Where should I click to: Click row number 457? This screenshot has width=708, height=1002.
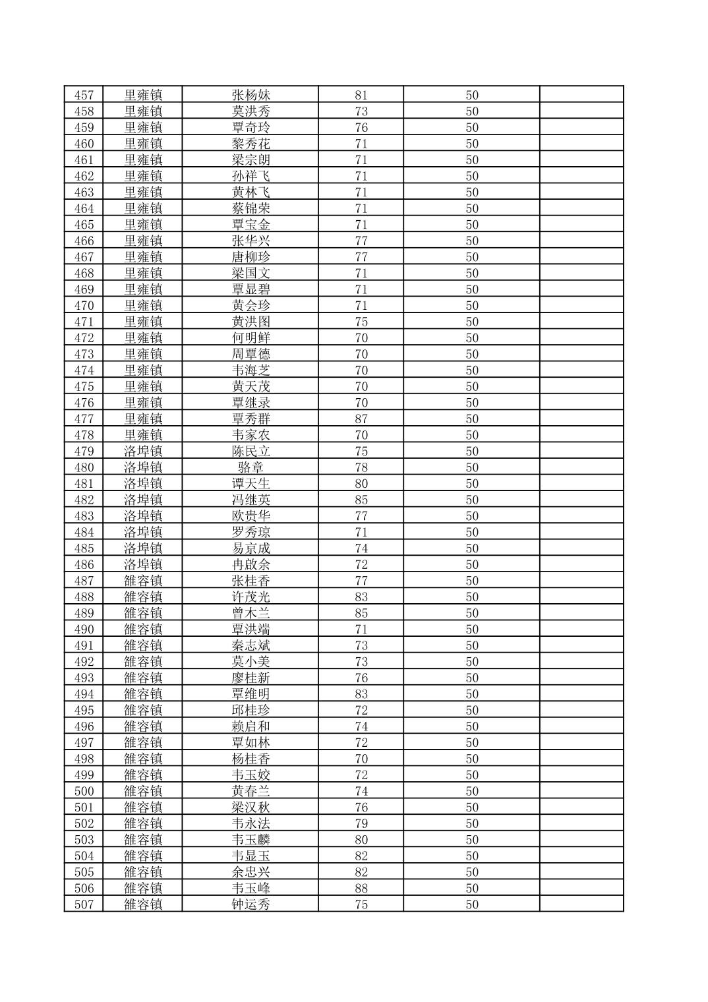point(84,95)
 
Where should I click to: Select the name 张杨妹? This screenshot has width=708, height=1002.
point(251,95)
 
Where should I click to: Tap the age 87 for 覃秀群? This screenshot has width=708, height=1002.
point(361,419)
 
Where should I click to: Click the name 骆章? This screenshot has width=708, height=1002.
point(251,467)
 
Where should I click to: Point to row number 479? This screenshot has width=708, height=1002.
point(84,452)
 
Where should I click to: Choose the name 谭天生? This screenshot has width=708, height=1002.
point(251,484)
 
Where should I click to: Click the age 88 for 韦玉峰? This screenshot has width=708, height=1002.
point(361,889)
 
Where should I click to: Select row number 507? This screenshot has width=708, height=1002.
point(84,904)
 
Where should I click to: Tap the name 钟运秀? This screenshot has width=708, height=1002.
point(251,904)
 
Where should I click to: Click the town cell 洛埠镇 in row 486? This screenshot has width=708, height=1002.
point(143,565)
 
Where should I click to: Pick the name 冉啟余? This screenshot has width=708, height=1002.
point(251,565)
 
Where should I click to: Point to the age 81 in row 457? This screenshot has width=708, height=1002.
point(361,95)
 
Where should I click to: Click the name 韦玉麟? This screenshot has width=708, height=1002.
point(251,840)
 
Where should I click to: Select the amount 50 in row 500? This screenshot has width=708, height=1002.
point(472,791)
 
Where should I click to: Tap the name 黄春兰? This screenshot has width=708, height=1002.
point(251,791)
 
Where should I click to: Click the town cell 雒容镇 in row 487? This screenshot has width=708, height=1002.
point(143,581)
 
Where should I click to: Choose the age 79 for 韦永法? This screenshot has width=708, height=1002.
point(361,823)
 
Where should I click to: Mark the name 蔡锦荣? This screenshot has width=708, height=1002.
point(251,208)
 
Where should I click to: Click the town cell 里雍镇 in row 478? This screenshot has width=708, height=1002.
point(143,435)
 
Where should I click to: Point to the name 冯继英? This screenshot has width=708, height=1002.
point(251,500)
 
